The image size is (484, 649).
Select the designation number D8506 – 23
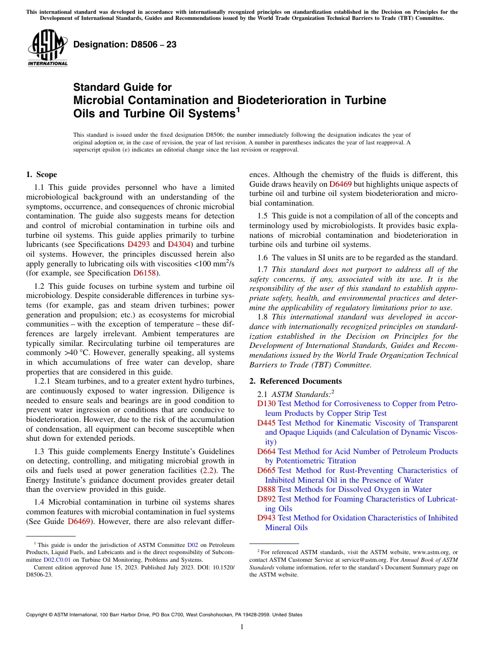pos(125,44)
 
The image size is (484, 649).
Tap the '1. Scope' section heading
pos(42,174)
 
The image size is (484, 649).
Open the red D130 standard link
pos(266,404)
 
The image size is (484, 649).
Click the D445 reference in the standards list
pos(266,423)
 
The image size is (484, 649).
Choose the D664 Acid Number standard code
pos(266,452)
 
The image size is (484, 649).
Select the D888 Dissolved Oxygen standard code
pos(266,489)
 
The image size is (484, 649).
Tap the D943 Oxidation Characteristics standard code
pos(266,518)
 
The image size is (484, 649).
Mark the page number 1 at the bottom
pos(242,627)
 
